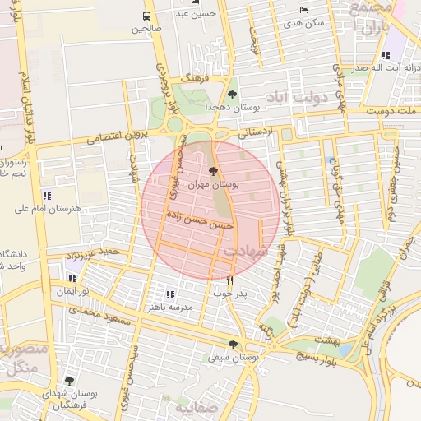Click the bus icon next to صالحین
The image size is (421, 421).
(x=147, y=16)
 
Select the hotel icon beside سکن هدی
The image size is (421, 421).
(x=304, y=10)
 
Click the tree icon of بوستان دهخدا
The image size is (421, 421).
(x=232, y=95)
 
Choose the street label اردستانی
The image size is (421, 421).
(x=257, y=128)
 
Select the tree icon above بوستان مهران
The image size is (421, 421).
(x=214, y=171)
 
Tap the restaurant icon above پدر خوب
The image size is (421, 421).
(x=229, y=280)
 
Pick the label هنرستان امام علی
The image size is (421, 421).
(x=49, y=209)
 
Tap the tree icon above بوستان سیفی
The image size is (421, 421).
(x=233, y=345)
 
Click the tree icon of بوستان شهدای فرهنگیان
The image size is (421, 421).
(x=69, y=382)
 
